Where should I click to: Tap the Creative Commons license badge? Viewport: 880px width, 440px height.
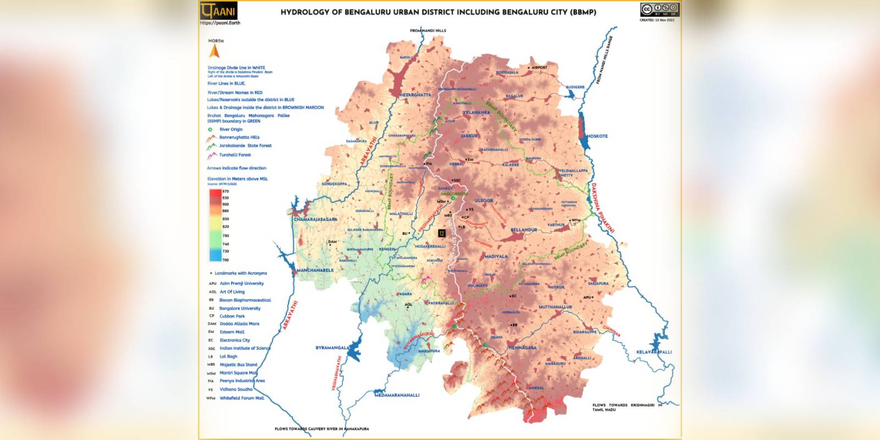659,10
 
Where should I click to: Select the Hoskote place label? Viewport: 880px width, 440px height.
597,136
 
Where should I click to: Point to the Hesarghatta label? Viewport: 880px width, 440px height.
415,95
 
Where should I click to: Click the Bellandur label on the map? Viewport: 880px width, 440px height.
524,230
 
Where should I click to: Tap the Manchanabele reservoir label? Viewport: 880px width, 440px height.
315,271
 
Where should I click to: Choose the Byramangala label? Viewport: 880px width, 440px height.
332,348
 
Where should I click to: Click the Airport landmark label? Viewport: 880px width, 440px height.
539,68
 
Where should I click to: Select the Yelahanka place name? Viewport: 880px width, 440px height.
476,112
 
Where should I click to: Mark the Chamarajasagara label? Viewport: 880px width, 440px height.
315,219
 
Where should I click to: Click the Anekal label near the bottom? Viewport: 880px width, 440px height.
537,388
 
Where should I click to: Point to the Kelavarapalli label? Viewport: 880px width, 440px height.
654,352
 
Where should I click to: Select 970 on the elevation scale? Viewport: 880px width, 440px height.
226,191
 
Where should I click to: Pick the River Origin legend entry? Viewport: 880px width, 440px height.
231,129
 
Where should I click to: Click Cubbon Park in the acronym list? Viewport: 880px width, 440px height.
232,316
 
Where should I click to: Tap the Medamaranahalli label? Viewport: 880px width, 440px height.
397,395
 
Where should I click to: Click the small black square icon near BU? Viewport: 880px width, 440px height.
442,233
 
